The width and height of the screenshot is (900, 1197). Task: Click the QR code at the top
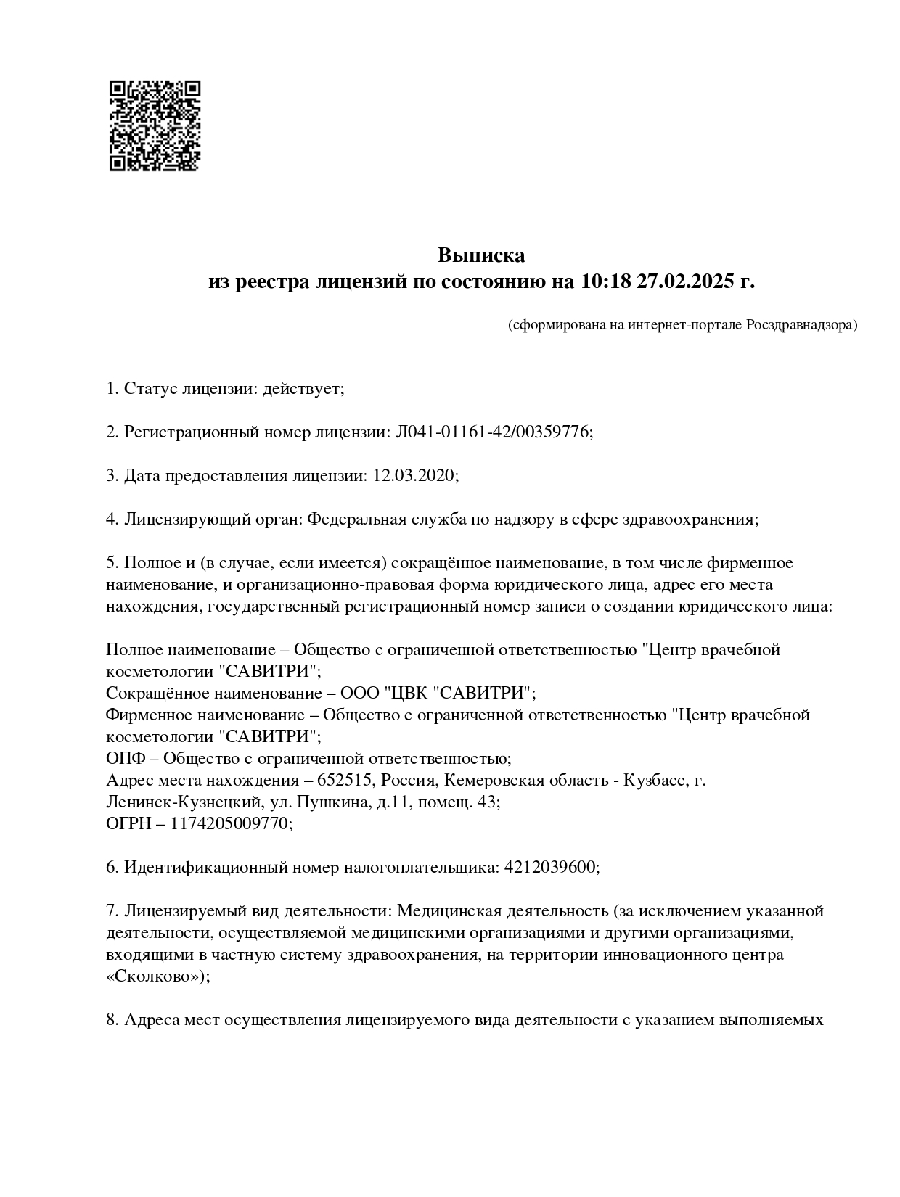coord(155,126)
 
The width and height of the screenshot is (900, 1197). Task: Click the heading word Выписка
coord(480,255)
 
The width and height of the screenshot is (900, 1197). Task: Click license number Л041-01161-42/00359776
coord(493,432)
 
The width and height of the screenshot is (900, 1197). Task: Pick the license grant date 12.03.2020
coord(414,476)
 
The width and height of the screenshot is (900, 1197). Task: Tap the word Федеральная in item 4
coord(352,519)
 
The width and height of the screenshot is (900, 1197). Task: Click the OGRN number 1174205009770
coord(231,824)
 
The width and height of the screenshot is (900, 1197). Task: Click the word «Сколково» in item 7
coord(155,976)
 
